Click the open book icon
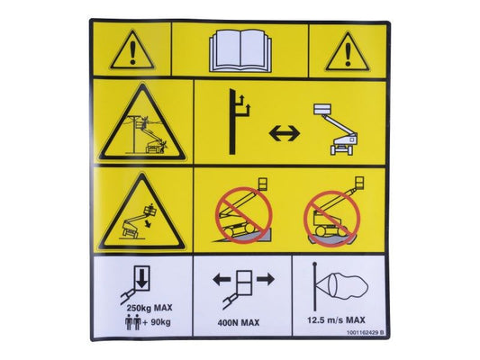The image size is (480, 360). (240, 50)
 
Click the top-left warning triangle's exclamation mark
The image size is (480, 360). (132, 53)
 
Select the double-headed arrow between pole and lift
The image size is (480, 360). (285, 134)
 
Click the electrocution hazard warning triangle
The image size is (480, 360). (142, 122)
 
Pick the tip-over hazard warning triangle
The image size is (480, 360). (142, 211)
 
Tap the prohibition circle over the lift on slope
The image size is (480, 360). (244, 215)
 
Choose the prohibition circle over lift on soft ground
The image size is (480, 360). (331, 219)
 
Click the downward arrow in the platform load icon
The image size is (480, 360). (141, 278)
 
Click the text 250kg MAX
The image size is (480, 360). (149, 308)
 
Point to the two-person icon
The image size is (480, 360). (133, 322)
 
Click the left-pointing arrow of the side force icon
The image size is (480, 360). (222, 280)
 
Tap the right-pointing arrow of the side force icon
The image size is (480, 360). (266, 279)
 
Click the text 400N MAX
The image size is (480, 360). (239, 323)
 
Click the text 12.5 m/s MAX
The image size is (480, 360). (336, 320)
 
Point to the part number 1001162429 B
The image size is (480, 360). (365, 332)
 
